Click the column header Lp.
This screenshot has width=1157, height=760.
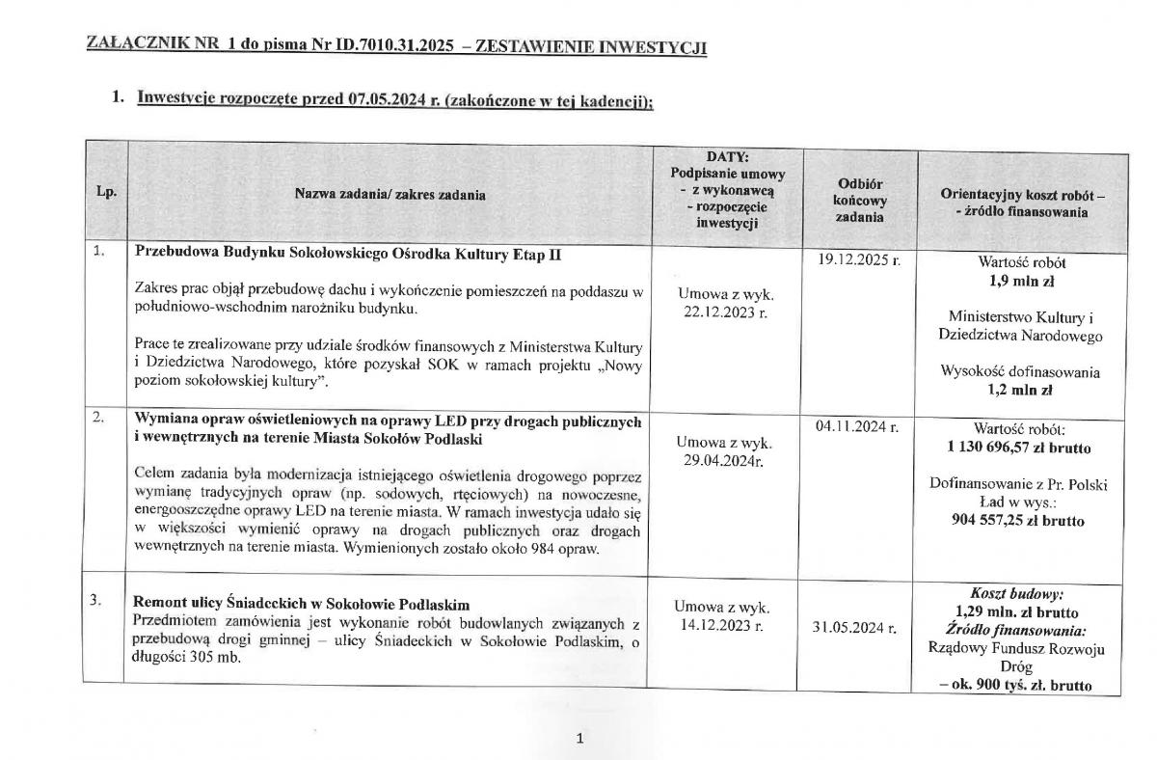[x=105, y=193]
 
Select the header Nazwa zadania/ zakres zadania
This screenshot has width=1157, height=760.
[x=390, y=194]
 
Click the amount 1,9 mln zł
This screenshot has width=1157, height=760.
[x=1020, y=280]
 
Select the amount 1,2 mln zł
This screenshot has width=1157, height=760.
[x=1020, y=392]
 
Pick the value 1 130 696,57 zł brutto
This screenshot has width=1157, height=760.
[x=1020, y=448]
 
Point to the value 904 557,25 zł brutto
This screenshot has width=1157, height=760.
[x=1020, y=521]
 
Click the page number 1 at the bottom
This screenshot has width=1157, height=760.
[x=579, y=739]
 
